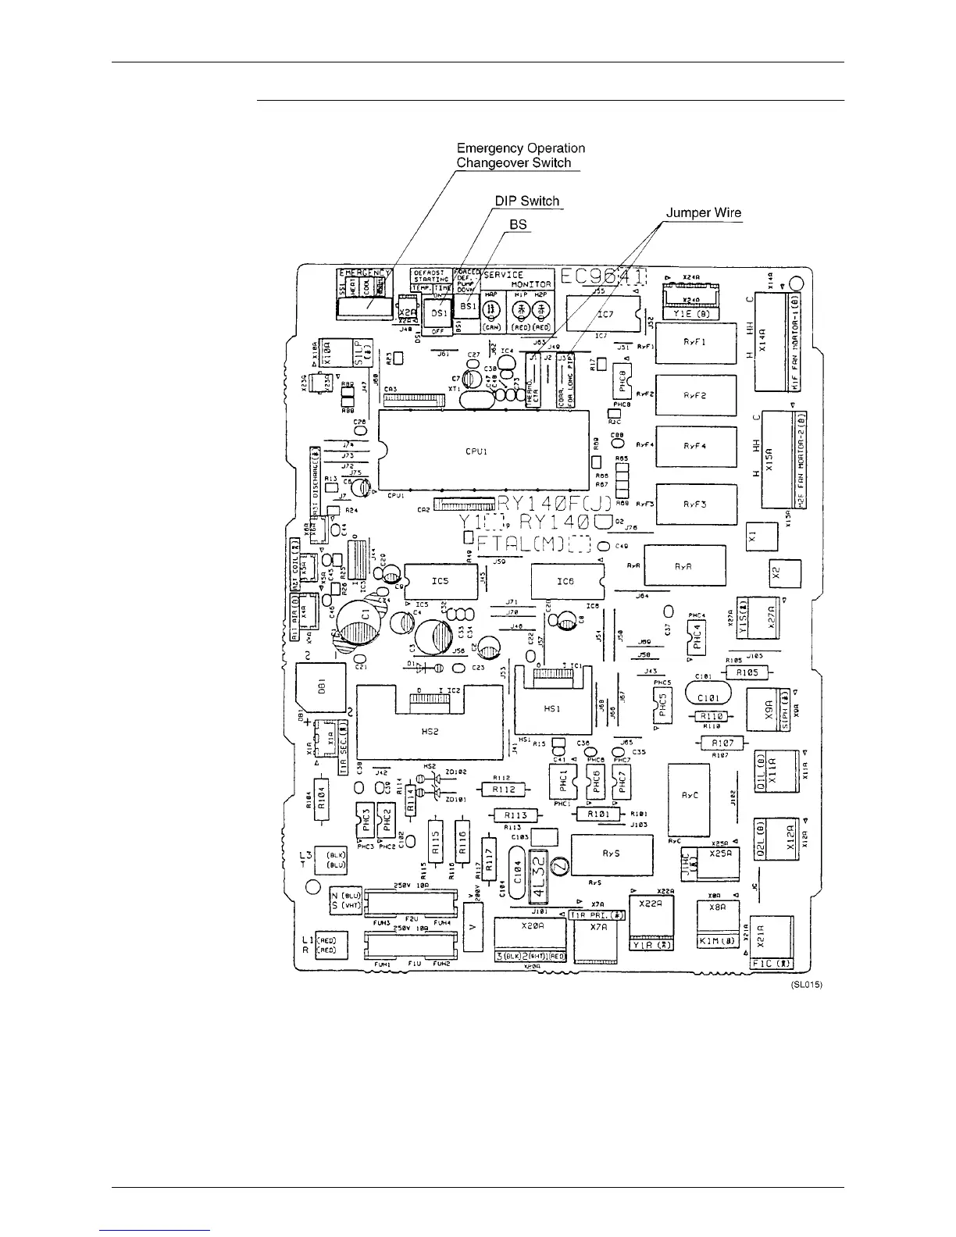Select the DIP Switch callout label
pos(528,201)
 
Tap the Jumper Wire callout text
pos(703,212)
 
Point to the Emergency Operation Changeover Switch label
pos(520,155)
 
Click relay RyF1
pos(695,343)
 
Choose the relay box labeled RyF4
pos(695,446)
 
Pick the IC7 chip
pos(601,314)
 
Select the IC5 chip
pos(440,582)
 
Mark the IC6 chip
pos(565,582)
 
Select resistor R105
pos(747,672)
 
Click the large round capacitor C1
pos(364,616)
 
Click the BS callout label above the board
pos(519,225)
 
